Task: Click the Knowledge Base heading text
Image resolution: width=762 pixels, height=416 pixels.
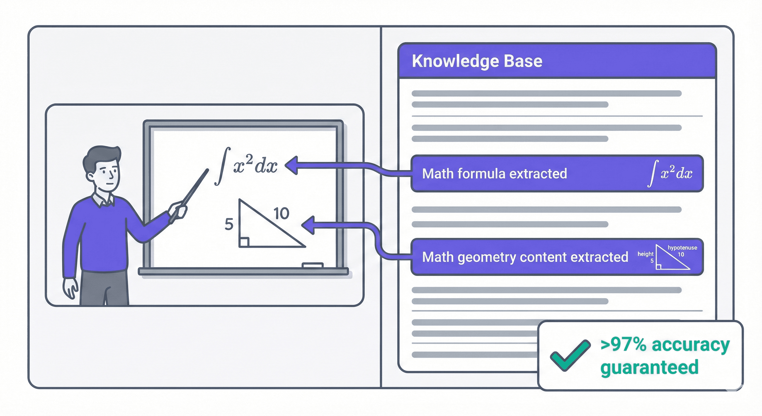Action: (x=477, y=61)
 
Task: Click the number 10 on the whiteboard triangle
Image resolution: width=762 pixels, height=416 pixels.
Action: (x=281, y=213)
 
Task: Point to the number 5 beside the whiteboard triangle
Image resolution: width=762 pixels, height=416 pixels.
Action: (x=229, y=224)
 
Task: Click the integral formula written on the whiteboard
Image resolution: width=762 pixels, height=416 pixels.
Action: (x=247, y=166)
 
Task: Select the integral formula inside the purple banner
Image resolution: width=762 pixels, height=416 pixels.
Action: (x=670, y=173)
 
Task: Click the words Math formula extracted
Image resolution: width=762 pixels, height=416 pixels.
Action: (x=494, y=174)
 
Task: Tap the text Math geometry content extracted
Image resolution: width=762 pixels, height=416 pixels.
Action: (x=525, y=257)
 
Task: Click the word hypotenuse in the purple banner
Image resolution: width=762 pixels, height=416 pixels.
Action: (x=682, y=248)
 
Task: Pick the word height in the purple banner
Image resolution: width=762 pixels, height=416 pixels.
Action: (x=645, y=254)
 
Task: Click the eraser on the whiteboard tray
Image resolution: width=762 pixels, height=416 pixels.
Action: (x=312, y=265)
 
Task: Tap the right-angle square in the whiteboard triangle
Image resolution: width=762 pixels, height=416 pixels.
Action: (x=244, y=242)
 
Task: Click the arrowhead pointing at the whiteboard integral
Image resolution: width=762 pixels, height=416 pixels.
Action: (x=291, y=165)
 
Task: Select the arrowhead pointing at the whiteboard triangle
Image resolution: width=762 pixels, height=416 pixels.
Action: (x=308, y=225)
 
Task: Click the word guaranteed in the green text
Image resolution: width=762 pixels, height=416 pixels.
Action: (x=649, y=368)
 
